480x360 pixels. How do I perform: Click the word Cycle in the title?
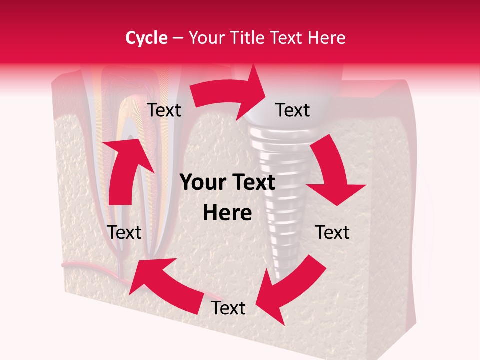(146, 38)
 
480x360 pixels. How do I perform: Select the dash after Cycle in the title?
(178, 38)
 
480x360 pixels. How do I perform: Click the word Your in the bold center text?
(202, 183)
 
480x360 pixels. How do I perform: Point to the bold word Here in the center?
(227, 213)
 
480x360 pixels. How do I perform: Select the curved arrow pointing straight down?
(332, 175)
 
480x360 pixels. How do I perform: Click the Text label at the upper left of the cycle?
(164, 110)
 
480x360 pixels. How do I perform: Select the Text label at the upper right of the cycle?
(293, 110)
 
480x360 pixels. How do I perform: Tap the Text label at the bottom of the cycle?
(228, 308)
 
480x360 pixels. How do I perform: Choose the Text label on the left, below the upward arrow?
(125, 232)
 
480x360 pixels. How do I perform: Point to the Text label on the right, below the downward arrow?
(332, 232)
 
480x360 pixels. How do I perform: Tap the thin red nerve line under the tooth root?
(85, 265)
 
